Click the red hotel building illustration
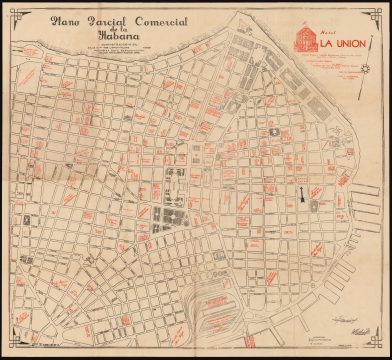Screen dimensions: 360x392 click(x=301, y=38)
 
